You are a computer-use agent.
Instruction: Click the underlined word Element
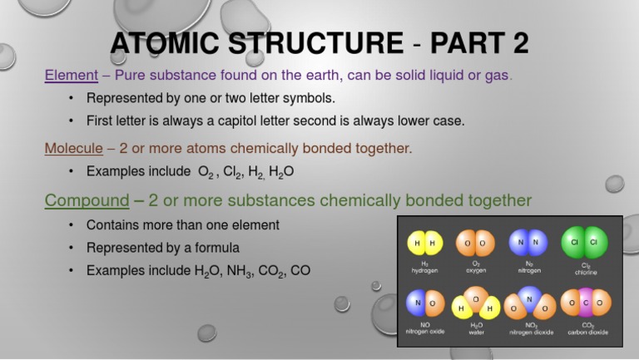tap(71, 76)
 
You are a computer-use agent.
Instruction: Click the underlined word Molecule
tap(72, 148)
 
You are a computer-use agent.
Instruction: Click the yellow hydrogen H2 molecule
tap(424, 243)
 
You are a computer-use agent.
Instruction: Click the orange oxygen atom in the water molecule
tap(475, 298)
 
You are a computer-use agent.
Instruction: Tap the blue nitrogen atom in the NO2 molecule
tap(529, 297)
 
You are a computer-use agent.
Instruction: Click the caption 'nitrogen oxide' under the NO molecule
tap(424, 332)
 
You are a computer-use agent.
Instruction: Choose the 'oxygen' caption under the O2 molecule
tap(476, 270)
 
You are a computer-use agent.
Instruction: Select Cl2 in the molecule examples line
tap(233, 171)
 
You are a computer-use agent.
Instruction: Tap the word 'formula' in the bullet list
tap(218, 248)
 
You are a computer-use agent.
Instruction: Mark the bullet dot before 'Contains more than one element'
tap(72, 225)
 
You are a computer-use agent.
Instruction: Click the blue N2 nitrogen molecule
tap(529, 243)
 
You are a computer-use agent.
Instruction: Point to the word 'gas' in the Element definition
tap(497, 76)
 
